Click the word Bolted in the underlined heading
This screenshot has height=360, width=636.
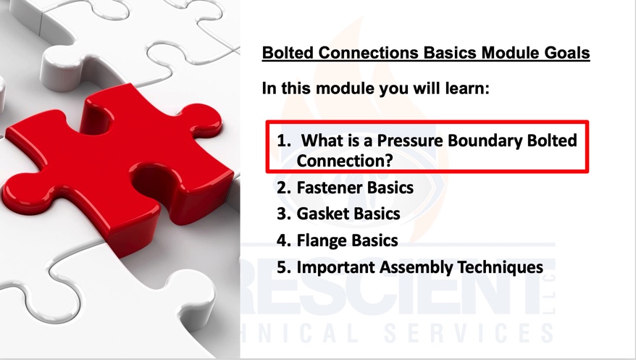(x=287, y=53)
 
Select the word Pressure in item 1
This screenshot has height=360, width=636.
(x=410, y=141)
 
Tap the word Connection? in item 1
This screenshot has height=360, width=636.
(x=345, y=161)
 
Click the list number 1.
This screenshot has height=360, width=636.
(x=284, y=141)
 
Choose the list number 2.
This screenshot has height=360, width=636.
(x=284, y=188)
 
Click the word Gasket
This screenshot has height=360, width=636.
(x=320, y=214)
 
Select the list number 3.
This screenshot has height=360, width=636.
(x=284, y=214)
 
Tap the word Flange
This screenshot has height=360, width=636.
(x=320, y=240)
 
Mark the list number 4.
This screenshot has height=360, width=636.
(x=284, y=240)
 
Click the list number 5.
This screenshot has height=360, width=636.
(x=284, y=267)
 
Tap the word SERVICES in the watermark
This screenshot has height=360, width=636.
(x=469, y=333)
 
